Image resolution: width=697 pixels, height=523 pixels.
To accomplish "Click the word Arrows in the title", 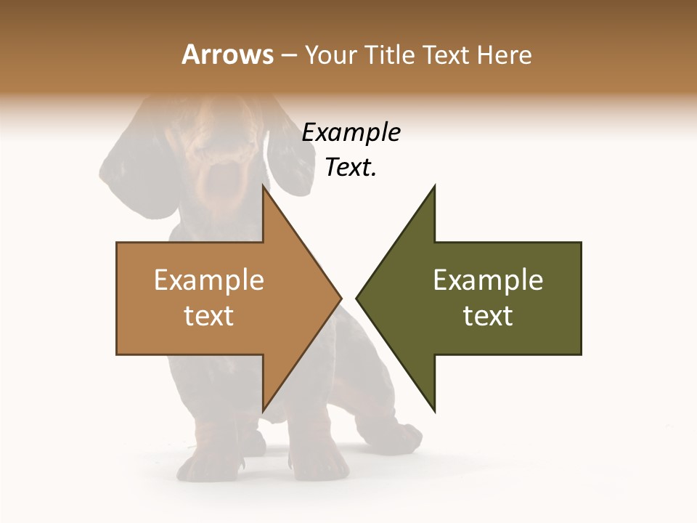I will point(227,55).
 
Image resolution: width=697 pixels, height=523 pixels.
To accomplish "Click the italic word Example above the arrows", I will point(351,133).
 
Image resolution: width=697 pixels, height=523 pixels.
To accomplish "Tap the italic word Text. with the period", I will point(351,168).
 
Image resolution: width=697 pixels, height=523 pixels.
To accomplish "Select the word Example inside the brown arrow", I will point(209,280).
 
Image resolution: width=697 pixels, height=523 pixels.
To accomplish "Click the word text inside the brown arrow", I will point(209,316).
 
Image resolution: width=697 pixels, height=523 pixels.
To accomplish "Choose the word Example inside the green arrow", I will point(488,280).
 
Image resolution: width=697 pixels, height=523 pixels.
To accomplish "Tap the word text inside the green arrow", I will point(488,316).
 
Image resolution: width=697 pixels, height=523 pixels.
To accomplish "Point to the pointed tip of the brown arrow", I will point(340,298).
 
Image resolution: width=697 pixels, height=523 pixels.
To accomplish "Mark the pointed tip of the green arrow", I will point(357,298).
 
